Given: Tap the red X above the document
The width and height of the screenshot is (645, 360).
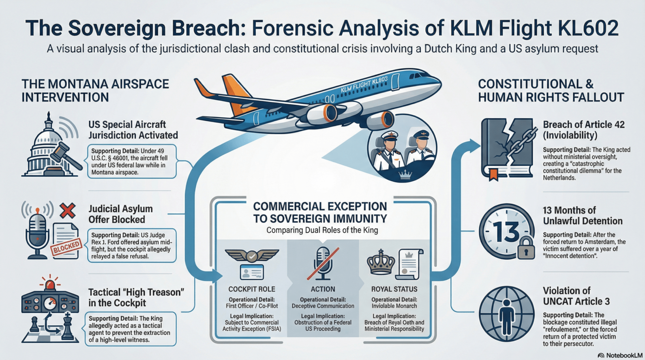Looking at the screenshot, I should click(68, 210).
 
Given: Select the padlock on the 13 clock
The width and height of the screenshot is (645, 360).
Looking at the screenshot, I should click(525, 247).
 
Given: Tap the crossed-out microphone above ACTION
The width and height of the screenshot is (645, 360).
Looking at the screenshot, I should click(322, 263).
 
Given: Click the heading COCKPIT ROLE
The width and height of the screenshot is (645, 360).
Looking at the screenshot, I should click(251, 289).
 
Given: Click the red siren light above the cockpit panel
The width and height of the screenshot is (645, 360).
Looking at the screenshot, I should click(50, 283).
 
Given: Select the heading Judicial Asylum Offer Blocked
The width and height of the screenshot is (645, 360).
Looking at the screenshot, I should click(120, 214).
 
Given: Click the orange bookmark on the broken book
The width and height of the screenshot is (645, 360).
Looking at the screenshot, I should click(494, 174).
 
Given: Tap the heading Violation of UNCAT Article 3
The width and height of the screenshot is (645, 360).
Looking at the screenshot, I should click(576, 296).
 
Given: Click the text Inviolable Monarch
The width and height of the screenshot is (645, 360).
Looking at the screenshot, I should click(394, 306).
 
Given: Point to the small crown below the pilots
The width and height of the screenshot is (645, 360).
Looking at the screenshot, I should click(405, 175).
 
